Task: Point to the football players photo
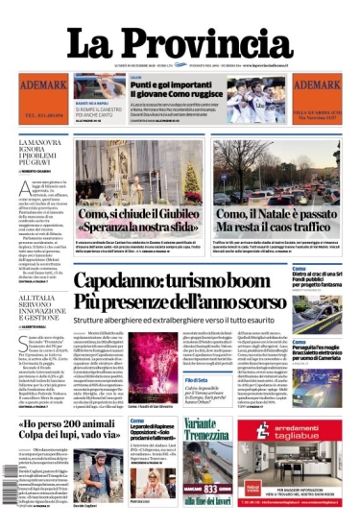click(x=253, y=99)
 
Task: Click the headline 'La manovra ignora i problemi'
click(x=42, y=153)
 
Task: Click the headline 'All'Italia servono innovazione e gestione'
click(x=42, y=289)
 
